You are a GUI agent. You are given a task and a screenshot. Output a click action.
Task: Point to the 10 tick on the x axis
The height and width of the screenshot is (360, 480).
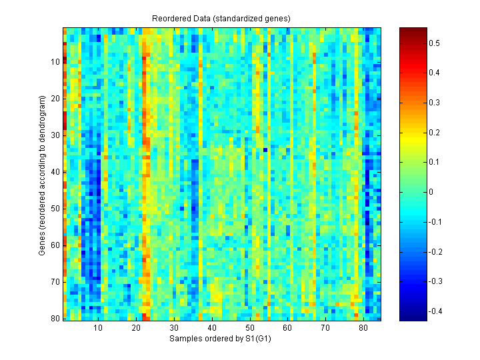click(99, 328)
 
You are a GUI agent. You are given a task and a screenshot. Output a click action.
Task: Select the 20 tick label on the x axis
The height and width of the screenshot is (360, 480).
click(136, 328)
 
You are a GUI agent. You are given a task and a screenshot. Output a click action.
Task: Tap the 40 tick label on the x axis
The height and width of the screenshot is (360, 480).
click(212, 328)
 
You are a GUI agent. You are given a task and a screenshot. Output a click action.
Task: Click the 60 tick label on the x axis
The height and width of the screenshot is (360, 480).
click(287, 328)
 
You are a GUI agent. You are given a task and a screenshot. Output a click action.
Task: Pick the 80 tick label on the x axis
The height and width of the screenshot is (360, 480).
click(363, 328)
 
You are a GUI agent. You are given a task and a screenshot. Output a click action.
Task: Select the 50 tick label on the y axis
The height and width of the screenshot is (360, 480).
click(55, 209)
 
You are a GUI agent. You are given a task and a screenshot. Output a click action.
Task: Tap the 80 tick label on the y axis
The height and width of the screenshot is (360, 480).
click(55, 319)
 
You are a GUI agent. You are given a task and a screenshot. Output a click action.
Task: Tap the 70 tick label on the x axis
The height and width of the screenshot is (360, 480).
click(325, 328)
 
